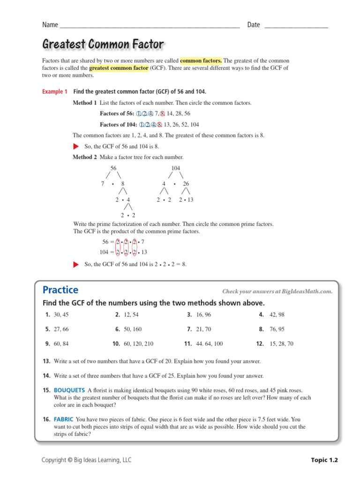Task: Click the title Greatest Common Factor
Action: point(103,45)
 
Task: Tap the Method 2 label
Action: point(84,157)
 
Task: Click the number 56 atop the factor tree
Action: point(113,168)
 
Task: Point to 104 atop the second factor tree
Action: point(176,168)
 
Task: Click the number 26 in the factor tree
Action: point(186,184)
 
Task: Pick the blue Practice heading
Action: point(60,290)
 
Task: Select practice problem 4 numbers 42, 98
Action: point(277,315)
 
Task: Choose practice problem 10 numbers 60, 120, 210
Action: point(138,344)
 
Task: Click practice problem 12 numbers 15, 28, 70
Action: point(281,344)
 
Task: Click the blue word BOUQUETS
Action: point(69,390)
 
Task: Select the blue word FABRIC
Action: point(64,419)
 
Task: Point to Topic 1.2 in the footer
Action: point(324,460)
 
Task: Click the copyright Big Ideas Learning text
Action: point(87,460)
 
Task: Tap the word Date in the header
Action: point(254,25)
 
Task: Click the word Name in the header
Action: point(50,25)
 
